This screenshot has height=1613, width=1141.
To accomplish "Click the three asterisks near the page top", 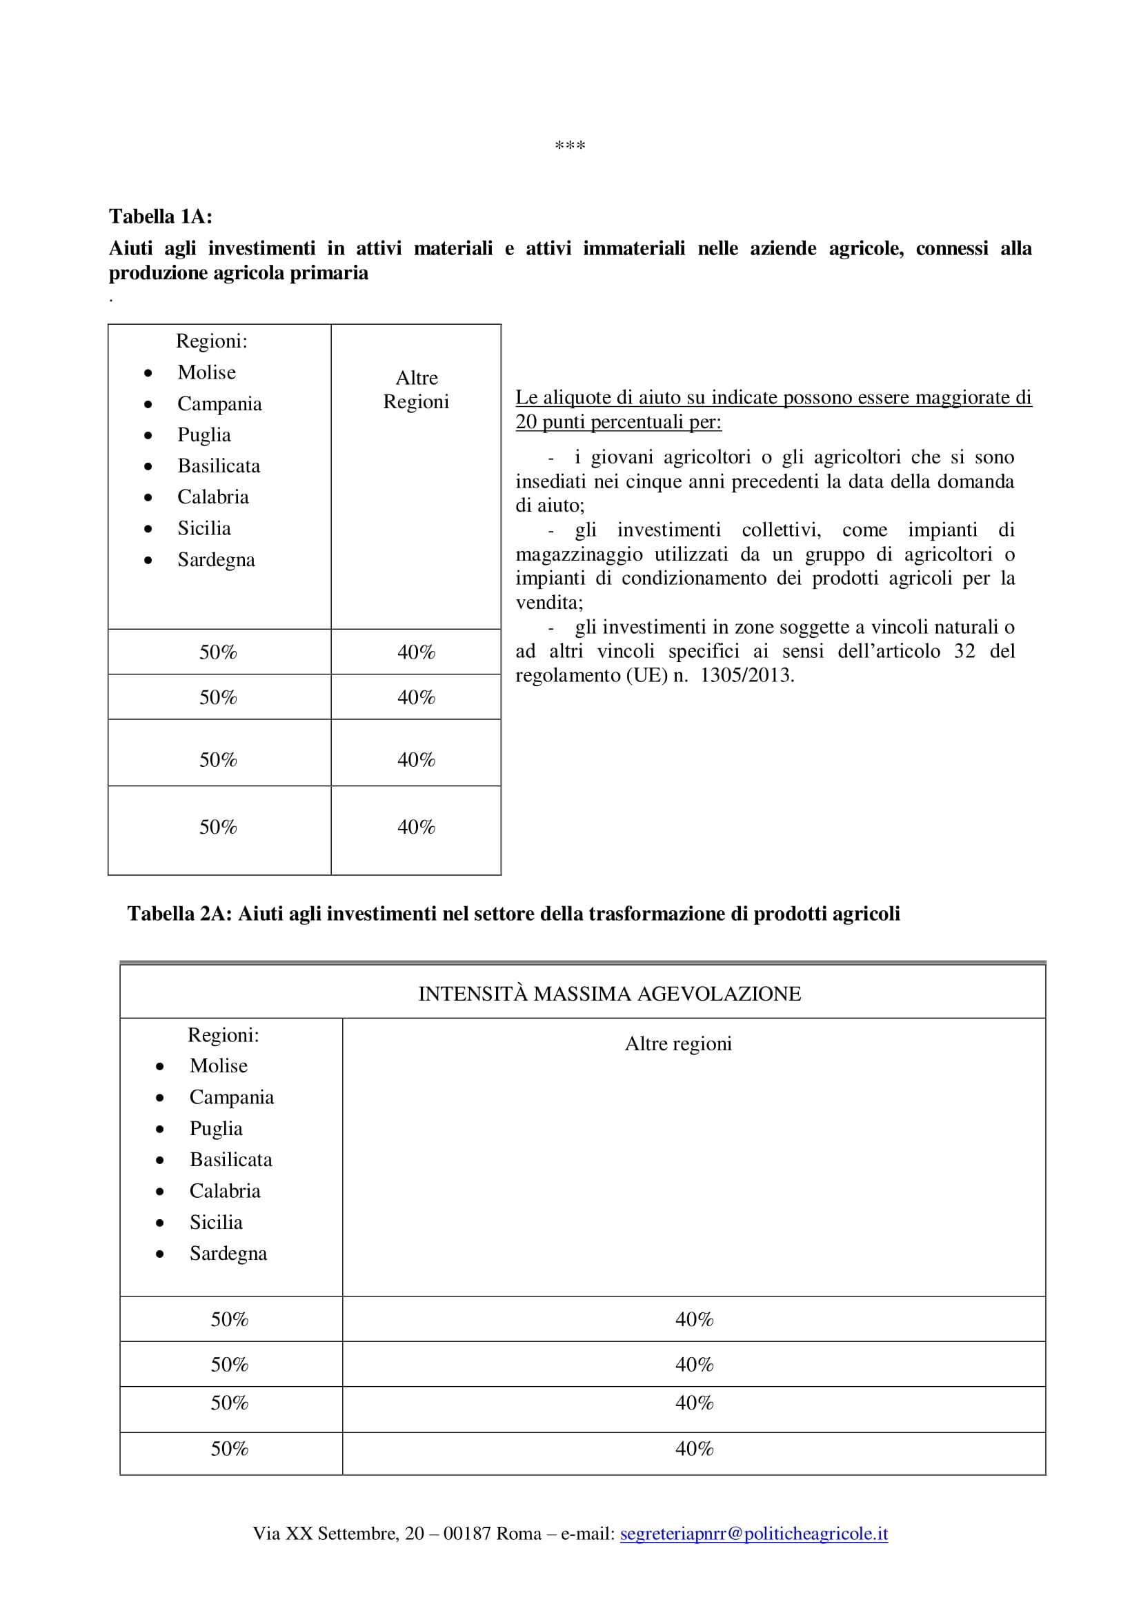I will click(x=570, y=146).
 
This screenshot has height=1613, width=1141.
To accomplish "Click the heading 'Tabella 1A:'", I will click(x=160, y=217).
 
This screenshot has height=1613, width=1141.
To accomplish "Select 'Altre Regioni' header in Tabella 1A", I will click(x=416, y=390).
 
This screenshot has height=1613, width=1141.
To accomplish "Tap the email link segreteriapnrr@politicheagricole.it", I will click(x=753, y=1534).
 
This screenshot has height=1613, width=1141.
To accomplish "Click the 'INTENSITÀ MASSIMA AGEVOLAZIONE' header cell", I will click(x=609, y=993).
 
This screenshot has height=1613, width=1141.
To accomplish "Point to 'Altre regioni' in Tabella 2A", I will click(x=678, y=1044).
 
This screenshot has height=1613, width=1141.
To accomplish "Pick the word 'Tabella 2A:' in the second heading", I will click(x=179, y=913).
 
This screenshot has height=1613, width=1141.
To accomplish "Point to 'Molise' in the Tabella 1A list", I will click(x=206, y=372).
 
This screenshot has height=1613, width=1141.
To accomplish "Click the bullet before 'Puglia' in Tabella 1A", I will click(x=148, y=436).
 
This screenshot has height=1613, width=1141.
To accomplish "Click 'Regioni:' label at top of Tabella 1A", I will click(x=212, y=341).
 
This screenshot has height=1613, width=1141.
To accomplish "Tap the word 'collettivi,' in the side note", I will click(x=781, y=530).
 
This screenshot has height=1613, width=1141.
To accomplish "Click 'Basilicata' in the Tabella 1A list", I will click(x=219, y=465).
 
